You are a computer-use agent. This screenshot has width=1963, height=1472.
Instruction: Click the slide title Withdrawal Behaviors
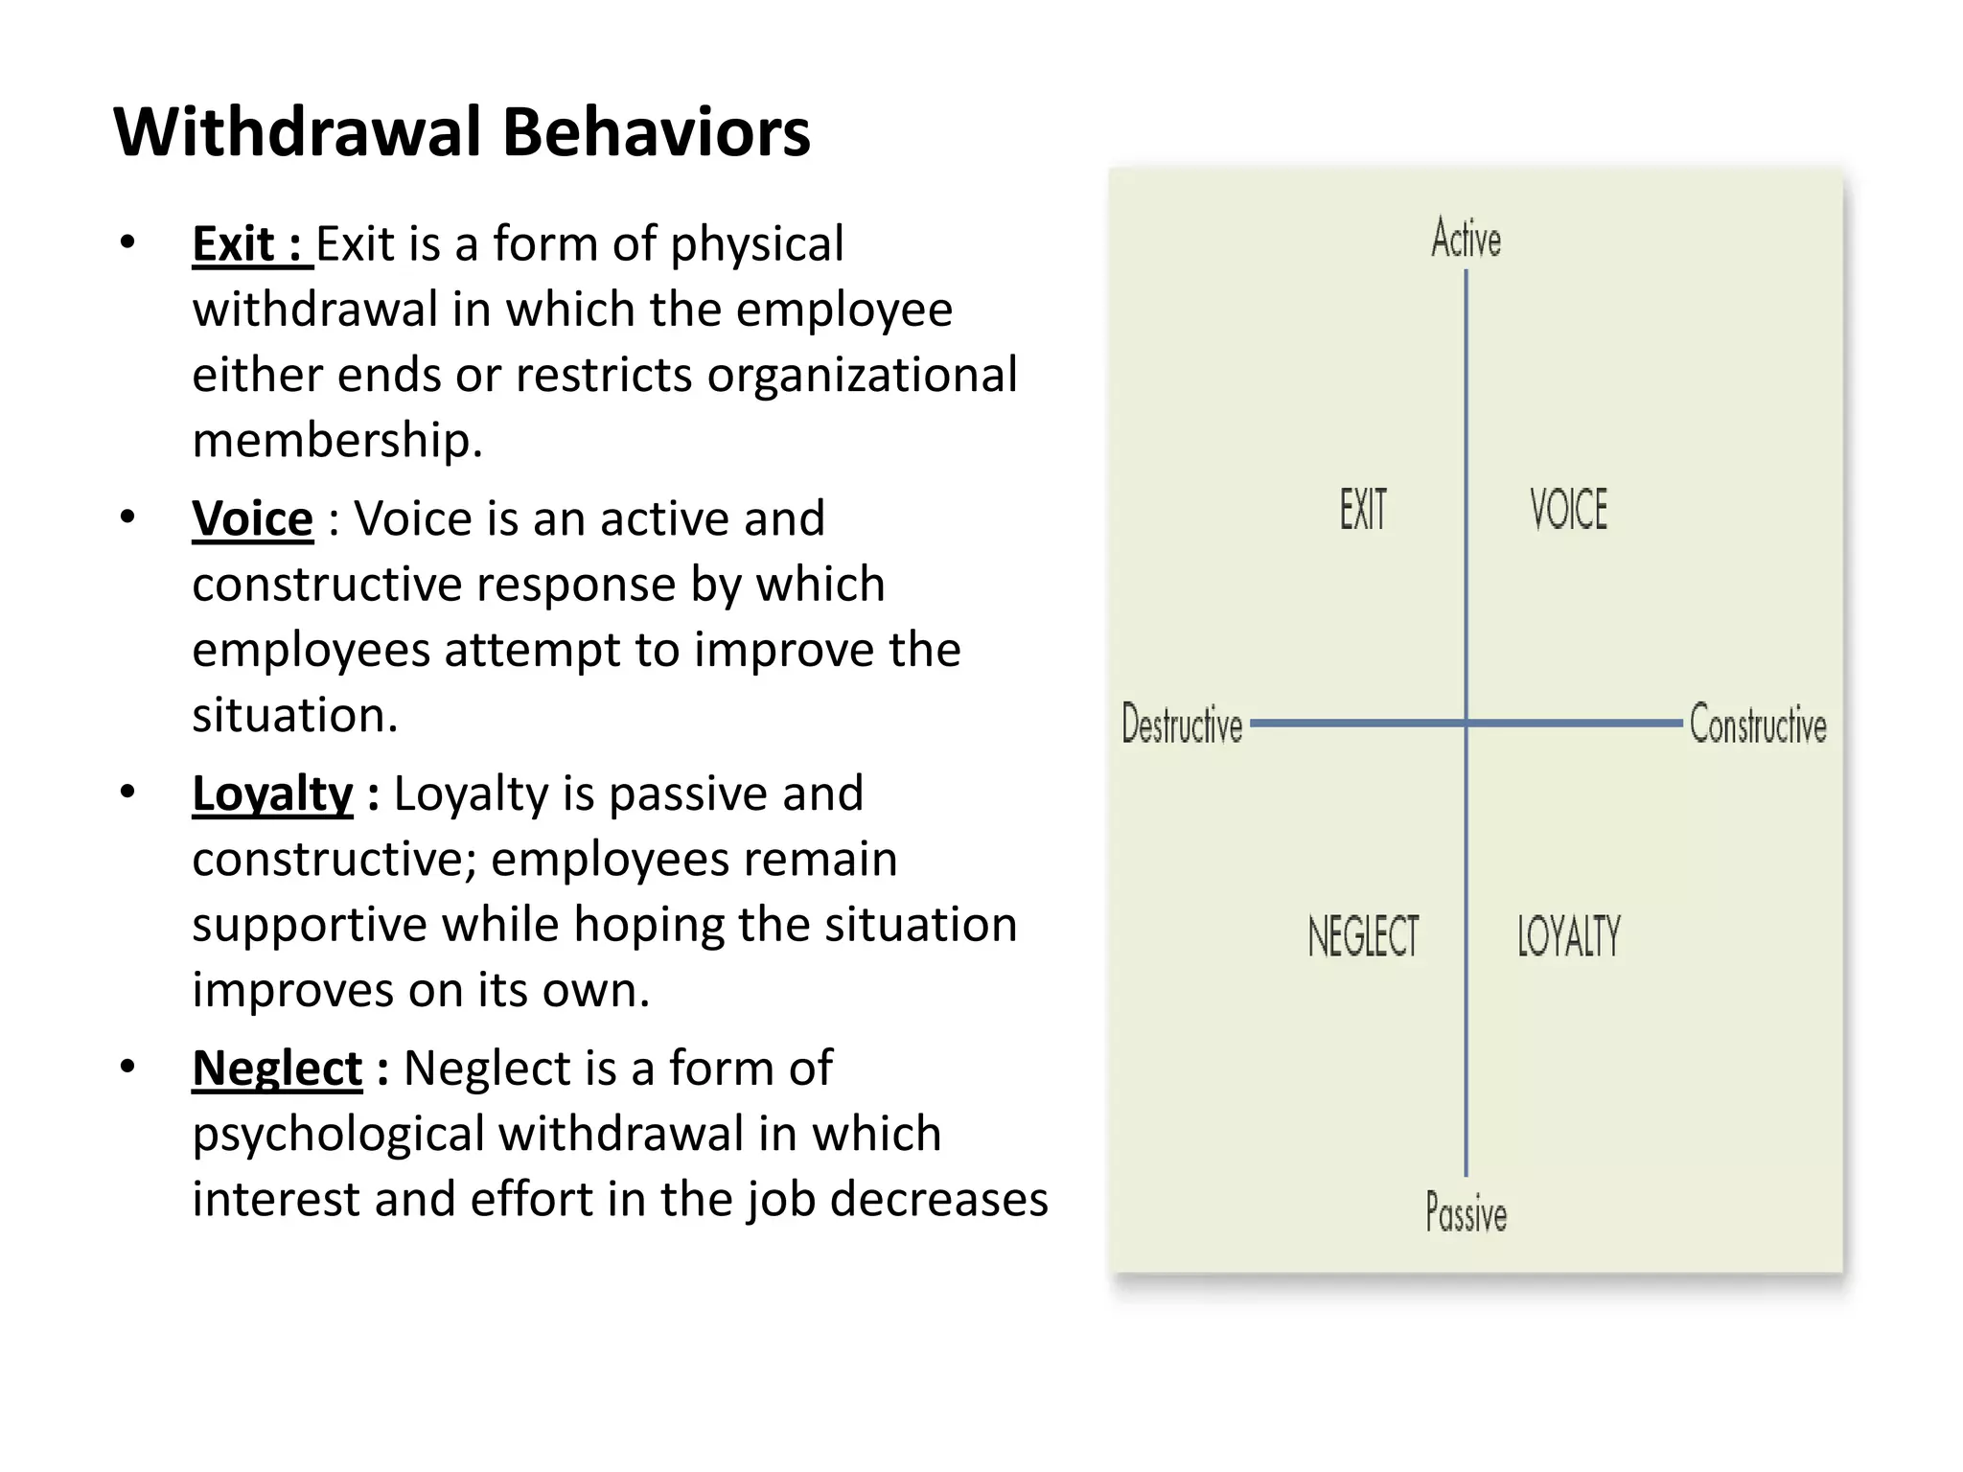[462, 132]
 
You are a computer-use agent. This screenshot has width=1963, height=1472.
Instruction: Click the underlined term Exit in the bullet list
[234, 244]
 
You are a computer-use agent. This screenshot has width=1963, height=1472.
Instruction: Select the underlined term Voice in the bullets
[252, 519]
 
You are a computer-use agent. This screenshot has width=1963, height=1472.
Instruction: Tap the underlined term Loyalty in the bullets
[272, 794]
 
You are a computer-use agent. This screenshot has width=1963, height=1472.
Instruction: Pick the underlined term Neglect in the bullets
[277, 1069]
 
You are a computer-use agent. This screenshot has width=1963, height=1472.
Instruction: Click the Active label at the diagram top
[1466, 239]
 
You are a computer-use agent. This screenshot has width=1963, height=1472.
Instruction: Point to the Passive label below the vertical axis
[1466, 1212]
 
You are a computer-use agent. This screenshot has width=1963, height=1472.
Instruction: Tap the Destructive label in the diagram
[1182, 724]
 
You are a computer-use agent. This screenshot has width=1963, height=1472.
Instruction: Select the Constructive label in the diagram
[1757, 724]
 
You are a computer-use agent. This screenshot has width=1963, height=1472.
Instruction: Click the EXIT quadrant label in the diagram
[1363, 509]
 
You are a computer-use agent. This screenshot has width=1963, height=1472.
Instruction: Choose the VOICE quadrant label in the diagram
[1568, 509]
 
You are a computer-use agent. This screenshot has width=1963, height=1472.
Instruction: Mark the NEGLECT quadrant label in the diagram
[1363, 936]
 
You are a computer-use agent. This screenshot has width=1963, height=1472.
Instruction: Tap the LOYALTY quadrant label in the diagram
[1568, 936]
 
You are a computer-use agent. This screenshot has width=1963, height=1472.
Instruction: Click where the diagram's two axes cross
[1466, 723]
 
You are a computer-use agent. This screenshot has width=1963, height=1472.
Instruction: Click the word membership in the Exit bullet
[335, 441]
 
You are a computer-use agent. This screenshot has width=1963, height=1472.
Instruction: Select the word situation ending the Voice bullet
[293, 716]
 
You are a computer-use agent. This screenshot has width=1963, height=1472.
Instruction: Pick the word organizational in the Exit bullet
[862, 376]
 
